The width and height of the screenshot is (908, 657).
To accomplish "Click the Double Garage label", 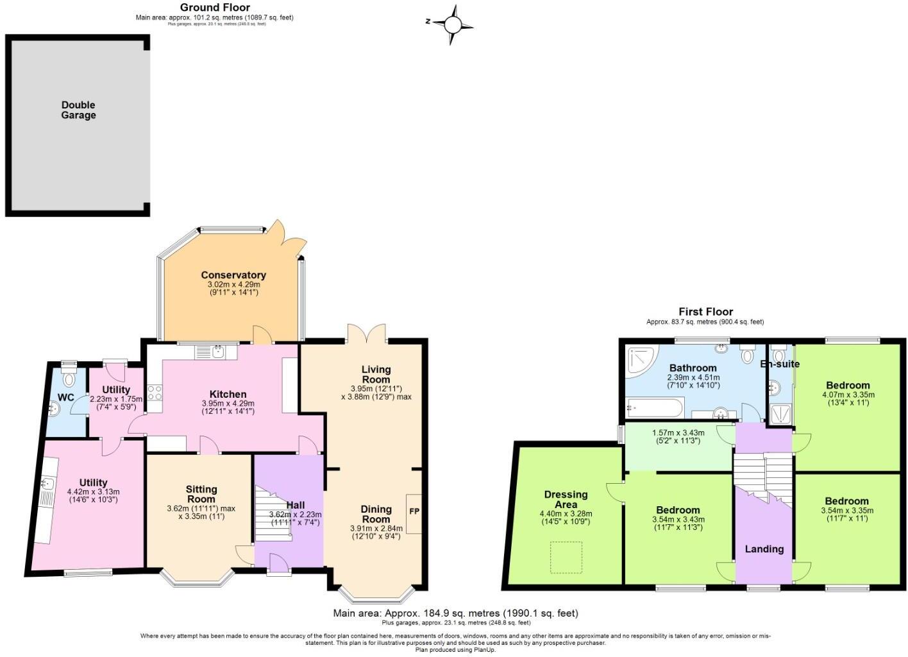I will click(78, 110).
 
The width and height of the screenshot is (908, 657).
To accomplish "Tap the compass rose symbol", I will click(452, 24).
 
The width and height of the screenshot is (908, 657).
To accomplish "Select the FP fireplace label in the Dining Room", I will click(414, 511).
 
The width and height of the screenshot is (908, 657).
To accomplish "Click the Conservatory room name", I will click(233, 275).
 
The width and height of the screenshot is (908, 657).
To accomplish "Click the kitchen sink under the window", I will click(217, 351).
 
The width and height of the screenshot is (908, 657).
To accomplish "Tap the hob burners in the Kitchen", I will click(155, 393).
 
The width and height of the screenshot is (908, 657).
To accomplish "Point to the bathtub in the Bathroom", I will click(654, 407).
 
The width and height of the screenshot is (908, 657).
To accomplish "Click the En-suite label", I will click(780, 364).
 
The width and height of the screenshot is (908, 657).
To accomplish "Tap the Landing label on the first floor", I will click(764, 549).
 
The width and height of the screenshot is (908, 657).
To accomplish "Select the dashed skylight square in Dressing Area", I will click(566, 557).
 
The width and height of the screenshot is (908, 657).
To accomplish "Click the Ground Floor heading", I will click(215, 7).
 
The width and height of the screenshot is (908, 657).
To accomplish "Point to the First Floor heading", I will click(705, 312).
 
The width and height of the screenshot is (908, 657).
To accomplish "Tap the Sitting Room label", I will click(201, 494).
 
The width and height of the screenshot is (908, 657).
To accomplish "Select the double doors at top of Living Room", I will click(367, 333).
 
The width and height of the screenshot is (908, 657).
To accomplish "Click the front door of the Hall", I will click(278, 565).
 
